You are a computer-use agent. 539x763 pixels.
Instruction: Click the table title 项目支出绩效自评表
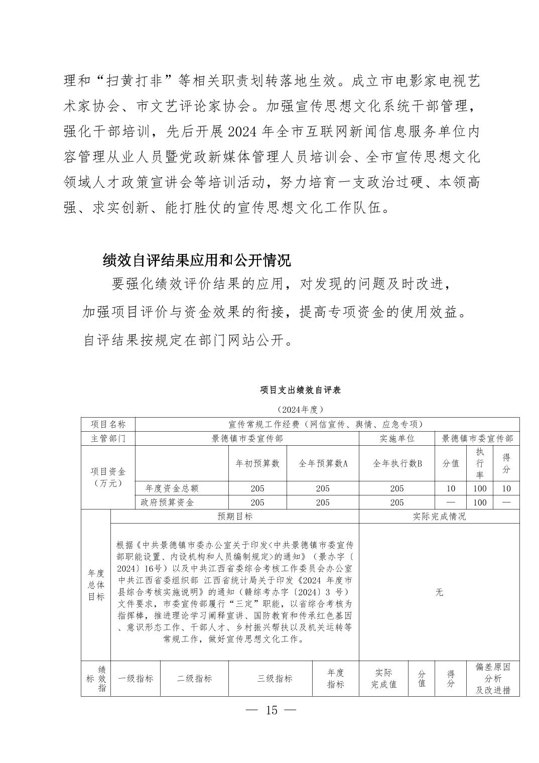click(x=301, y=390)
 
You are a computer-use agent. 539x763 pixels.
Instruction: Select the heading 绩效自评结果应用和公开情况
click(x=196, y=261)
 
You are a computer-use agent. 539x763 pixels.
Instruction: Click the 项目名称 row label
click(x=108, y=425)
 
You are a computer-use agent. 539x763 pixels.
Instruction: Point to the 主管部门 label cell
click(x=108, y=438)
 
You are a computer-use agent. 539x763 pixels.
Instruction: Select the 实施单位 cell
click(x=397, y=438)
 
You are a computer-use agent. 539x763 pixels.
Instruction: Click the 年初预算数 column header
click(x=257, y=463)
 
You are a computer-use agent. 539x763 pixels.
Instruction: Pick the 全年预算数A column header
click(x=323, y=463)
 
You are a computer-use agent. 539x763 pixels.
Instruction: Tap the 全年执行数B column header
click(x=397, y=463)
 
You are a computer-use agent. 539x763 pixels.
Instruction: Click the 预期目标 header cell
click(x=235, y=517)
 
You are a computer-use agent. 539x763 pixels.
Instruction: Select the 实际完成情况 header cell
click(x=439, y=517)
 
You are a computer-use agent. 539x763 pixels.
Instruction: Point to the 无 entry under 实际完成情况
click(x=439, y=592)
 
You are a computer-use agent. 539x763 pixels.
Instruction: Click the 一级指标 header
click(x=136, y=678)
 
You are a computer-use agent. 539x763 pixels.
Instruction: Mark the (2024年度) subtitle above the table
click(x=300, y=409)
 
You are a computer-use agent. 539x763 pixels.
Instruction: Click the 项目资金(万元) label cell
click(x=108, y=477)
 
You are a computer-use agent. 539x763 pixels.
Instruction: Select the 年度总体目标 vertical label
click(x=96, y=585)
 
